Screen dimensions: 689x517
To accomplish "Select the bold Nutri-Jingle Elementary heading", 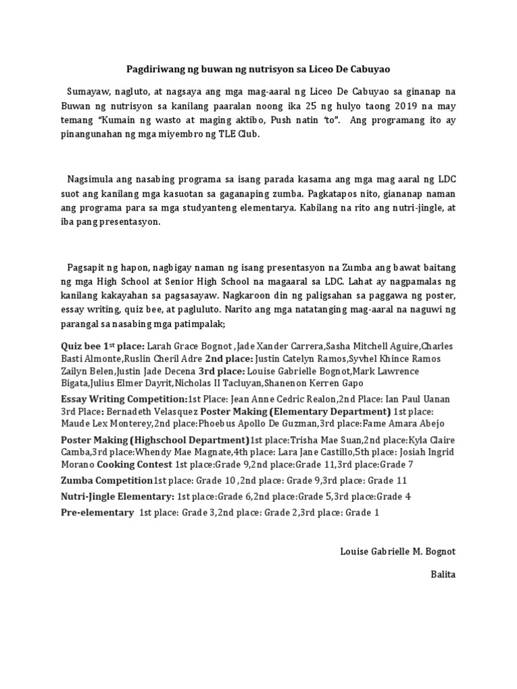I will pos(116,497).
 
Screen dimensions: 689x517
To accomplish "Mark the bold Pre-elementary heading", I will pos(97,513).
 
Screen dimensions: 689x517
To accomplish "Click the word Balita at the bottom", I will pos(443,575).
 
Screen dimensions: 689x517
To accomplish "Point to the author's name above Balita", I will pos(398,552).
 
